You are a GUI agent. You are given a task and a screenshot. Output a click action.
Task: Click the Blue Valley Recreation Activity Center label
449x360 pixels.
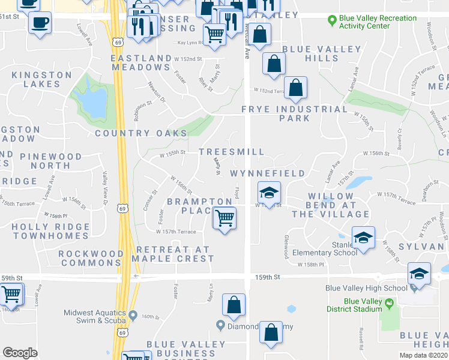coord(377,22)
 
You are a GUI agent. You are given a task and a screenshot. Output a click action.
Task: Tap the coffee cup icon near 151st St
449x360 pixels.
coord(40,23)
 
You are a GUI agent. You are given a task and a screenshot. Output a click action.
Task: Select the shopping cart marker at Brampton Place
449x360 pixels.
coord(224,218)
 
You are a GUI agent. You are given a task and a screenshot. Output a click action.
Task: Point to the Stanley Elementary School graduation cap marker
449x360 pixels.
coord(363,238)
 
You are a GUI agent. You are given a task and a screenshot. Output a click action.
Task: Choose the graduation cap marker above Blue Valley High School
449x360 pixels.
coord(419,274)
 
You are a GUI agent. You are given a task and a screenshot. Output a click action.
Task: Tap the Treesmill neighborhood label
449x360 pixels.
coord(231,152)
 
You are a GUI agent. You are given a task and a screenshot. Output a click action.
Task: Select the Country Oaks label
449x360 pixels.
coord(138,133)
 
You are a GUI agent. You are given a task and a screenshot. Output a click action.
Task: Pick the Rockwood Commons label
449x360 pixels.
coord(91,258)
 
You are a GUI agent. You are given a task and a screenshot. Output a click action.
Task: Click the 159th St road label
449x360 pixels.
coord(268,277)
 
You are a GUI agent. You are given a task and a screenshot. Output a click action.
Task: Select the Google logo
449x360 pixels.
coord(20,352)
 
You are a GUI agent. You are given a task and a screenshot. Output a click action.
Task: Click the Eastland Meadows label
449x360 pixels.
coord(142,63)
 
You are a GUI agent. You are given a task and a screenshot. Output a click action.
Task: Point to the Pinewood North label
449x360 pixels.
coord(50,161)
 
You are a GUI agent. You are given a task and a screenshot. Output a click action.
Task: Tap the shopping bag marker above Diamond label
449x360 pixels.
coord(234,305)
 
